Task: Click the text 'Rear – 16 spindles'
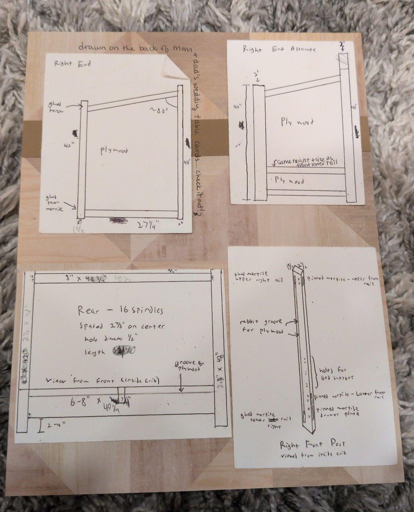[120, 311]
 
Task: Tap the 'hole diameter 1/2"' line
[114, 339]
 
